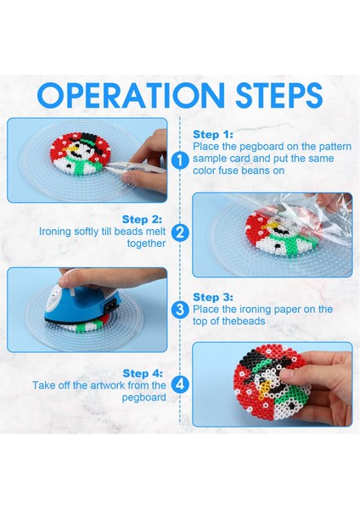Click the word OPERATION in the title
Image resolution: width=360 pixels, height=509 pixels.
(131, 95)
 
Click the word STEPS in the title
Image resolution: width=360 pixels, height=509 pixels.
(279, 95)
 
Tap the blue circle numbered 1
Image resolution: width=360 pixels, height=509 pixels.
(180, 160)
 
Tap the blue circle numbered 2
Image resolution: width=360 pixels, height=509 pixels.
(180, 232)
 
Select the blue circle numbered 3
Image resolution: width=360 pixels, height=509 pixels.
(180, 310)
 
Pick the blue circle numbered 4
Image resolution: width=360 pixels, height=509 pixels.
(180, 384)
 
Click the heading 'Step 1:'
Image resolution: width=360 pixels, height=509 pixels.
(213, 134)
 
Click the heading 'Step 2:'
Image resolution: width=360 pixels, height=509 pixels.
(142, 220)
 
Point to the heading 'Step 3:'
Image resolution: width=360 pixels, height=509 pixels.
(213, 297)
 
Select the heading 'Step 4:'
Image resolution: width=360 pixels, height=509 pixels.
(143, 373)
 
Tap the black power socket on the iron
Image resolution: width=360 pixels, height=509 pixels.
(110, 305)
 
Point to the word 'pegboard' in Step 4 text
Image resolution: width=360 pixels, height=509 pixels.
(144, 398)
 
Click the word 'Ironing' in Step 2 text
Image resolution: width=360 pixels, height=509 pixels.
(55, 232)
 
